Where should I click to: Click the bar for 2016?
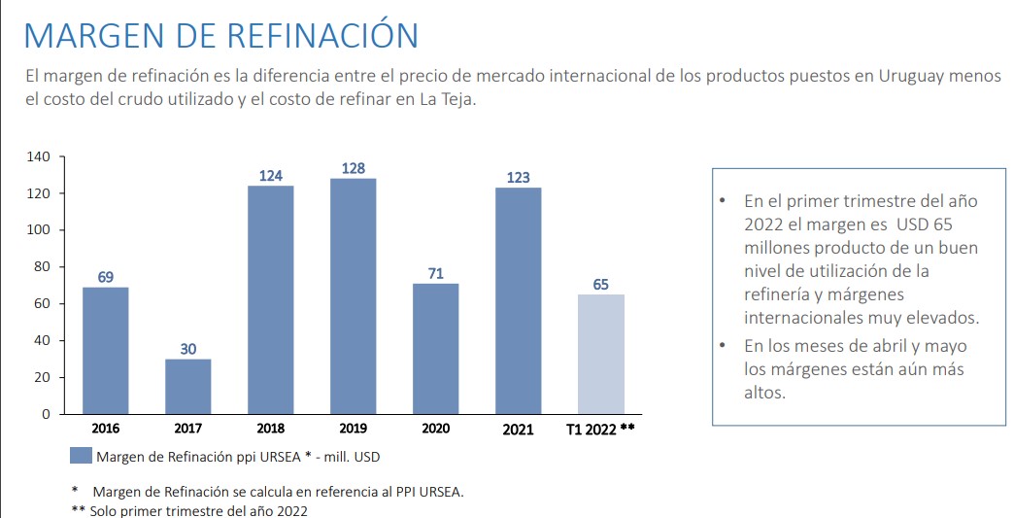tap(105, 350)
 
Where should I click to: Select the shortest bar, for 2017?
tap(187, 386)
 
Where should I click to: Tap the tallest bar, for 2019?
tap(353, 296)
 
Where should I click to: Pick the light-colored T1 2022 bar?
tap(601, 354)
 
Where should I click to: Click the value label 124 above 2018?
tap(270, 176)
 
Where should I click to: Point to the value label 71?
tap(436, 274)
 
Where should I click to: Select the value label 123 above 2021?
tap(519, 178)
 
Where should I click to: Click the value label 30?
tap(187, 349)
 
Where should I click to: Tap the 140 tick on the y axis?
tap(39, 157)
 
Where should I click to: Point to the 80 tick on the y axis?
tap(42, 267)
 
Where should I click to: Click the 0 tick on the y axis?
tap(46, 414)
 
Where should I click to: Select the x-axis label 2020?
tap(436, 429)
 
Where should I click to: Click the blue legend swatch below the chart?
tap(82, 456)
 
